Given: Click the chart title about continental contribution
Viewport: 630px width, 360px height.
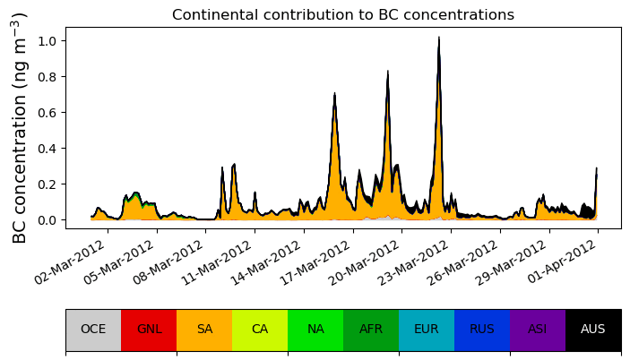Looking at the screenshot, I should click(343, 14).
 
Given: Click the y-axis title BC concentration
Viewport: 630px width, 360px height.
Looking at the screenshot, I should click(20, 127).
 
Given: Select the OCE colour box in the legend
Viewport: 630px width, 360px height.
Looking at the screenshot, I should click(93, 330).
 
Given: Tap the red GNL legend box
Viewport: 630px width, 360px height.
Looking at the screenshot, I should click(149, 330).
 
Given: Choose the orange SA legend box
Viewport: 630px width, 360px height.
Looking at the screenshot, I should click(204, 330).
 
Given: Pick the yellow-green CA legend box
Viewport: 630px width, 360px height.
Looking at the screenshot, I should click(260, 330).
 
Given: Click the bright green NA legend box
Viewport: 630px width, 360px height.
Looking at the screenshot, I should click(315, 330).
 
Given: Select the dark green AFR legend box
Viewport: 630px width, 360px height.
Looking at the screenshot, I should click(371, 330).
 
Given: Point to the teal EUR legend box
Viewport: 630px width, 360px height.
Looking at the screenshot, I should click(427, 330).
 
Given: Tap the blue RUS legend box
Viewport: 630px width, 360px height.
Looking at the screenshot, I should click(482, 330).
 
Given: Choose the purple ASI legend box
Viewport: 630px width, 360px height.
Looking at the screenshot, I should click(538, 330).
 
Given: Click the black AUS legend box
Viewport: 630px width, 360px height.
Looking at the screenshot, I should click(593, 330).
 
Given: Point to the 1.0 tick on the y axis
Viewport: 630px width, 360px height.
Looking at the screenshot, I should click(50, 41).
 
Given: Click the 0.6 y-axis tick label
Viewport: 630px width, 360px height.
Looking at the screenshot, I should click(50, 113).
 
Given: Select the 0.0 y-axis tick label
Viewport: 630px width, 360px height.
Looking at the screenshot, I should click(50, 220).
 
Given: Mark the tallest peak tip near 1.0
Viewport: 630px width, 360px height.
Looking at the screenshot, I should click(439, 39).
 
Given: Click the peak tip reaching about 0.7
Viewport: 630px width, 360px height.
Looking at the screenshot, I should click(334, 94).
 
